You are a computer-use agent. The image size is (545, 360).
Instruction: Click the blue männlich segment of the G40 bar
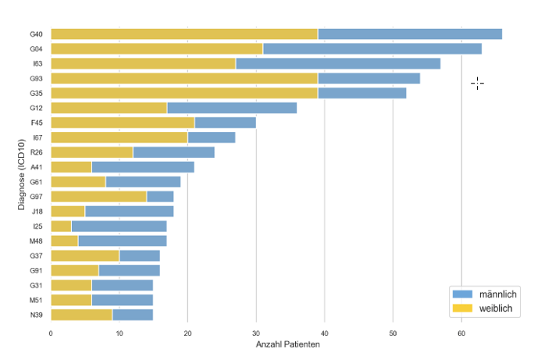coord(410,34)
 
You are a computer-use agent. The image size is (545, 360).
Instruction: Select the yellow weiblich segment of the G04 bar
coord(156,48)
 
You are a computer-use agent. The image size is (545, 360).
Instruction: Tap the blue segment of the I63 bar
coord(337,63)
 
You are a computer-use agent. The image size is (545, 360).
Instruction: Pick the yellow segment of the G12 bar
coord(109,108)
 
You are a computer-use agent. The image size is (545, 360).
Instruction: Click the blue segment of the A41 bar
coord(143,167)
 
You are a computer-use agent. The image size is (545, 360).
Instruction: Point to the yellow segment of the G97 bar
coord(98,197)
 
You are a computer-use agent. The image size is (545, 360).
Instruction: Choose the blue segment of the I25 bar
coord(119,226)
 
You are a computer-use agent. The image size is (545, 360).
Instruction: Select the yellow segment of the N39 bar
coord(81,315)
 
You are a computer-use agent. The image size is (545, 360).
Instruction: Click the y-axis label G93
coord(36,78)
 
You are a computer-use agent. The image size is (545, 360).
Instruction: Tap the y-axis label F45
coord(36,123)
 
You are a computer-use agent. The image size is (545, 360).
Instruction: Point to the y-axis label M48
coord(36,241)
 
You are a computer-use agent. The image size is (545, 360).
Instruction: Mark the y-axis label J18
coord(36,212)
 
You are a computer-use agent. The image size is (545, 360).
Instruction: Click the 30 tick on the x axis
coord(256,333)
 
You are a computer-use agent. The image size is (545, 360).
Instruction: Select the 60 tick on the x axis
coord(461,333)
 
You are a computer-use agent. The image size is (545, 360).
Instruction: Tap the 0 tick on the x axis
coord(51,333)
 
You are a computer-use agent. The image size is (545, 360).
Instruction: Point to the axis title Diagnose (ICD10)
coord(21,173)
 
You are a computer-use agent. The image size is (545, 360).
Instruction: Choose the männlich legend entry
coord(484,294)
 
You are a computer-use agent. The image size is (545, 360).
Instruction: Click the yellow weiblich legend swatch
coord(463,309)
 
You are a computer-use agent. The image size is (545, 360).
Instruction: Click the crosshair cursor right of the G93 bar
coord(477,84)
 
